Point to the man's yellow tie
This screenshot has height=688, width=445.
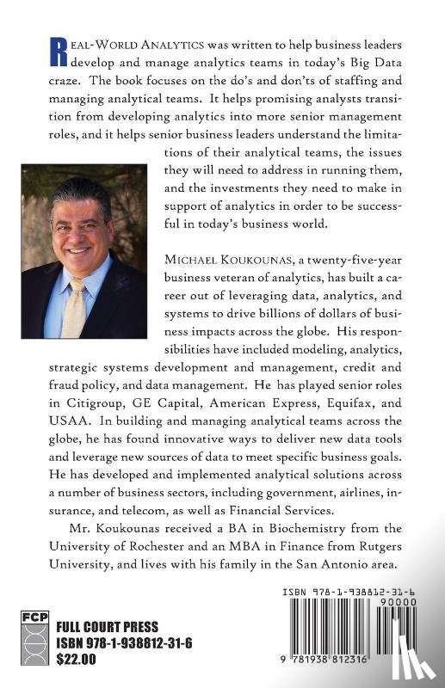(x=75, y=304)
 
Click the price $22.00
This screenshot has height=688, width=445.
(x=77, y=660)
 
